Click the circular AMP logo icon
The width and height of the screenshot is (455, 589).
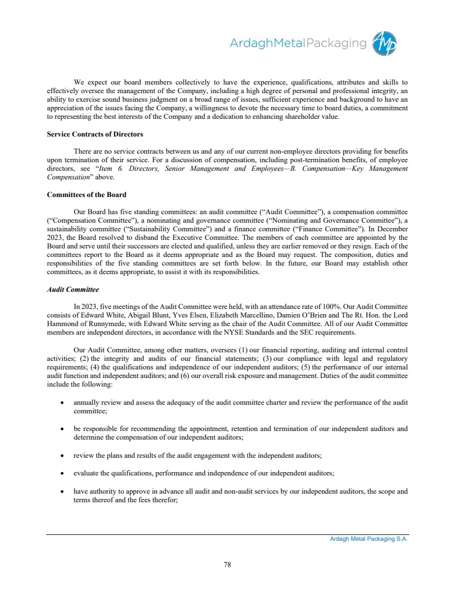click(385, 43)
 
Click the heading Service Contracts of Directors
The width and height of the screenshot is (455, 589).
click(95, 133)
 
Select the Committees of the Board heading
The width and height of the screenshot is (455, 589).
click(87, 194)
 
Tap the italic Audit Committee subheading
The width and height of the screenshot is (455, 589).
click(72, 290)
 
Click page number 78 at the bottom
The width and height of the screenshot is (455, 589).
click(227, 564)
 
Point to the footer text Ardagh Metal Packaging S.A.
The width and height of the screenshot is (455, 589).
click(368, 539)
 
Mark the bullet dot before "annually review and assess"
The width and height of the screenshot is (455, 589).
click(63, 402)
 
